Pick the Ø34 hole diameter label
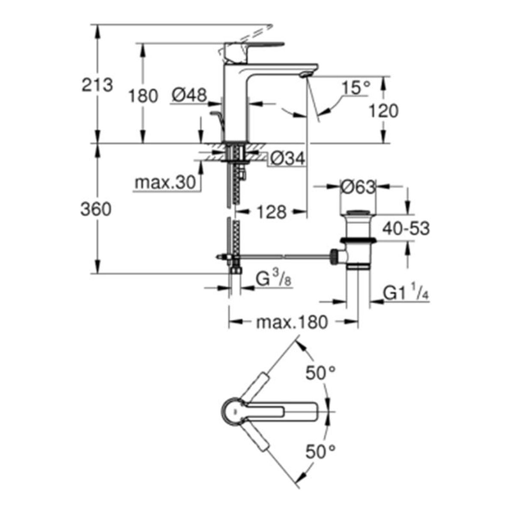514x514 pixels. (x=287, y=159)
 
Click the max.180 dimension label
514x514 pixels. (x=291, y=322)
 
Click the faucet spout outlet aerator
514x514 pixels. (x=305, y=75)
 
